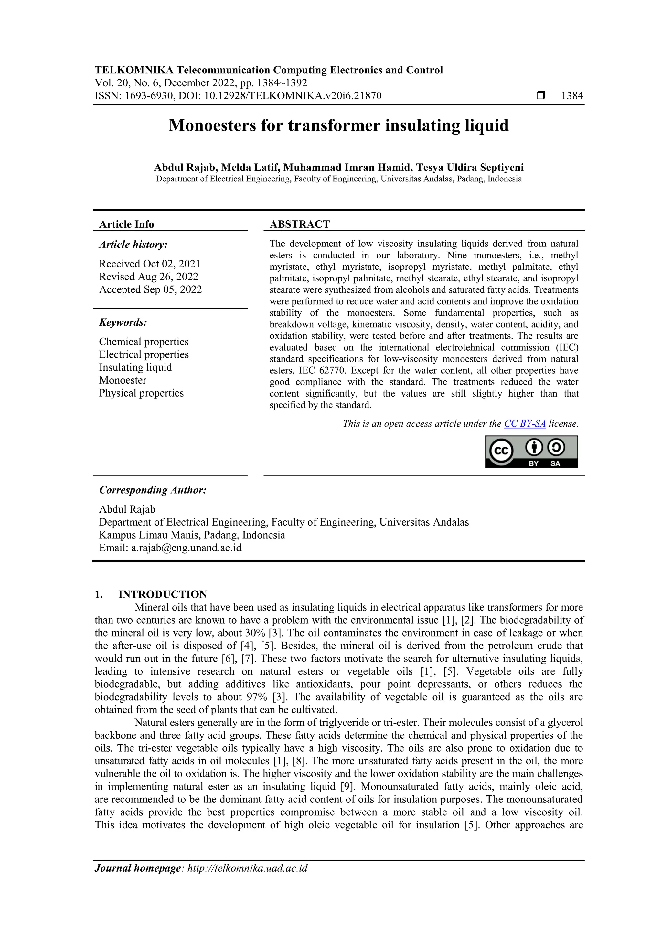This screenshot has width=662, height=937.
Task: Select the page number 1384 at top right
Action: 572,96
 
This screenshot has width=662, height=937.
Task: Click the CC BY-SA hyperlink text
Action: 525,424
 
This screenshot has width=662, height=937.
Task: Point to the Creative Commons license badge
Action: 531,452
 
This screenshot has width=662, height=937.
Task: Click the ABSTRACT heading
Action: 299,224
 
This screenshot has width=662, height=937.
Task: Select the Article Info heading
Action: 126,224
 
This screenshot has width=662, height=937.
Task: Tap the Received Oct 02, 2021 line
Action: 150,264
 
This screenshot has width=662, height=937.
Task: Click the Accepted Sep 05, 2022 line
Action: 151,289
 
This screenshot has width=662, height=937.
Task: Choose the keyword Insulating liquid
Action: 135,367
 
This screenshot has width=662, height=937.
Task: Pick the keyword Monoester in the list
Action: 123,380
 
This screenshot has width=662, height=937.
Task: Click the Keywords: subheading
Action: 123,322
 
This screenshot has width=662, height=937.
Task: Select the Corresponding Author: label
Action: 153,490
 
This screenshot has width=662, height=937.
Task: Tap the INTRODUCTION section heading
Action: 162,594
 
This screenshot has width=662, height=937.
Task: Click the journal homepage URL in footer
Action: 247,868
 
